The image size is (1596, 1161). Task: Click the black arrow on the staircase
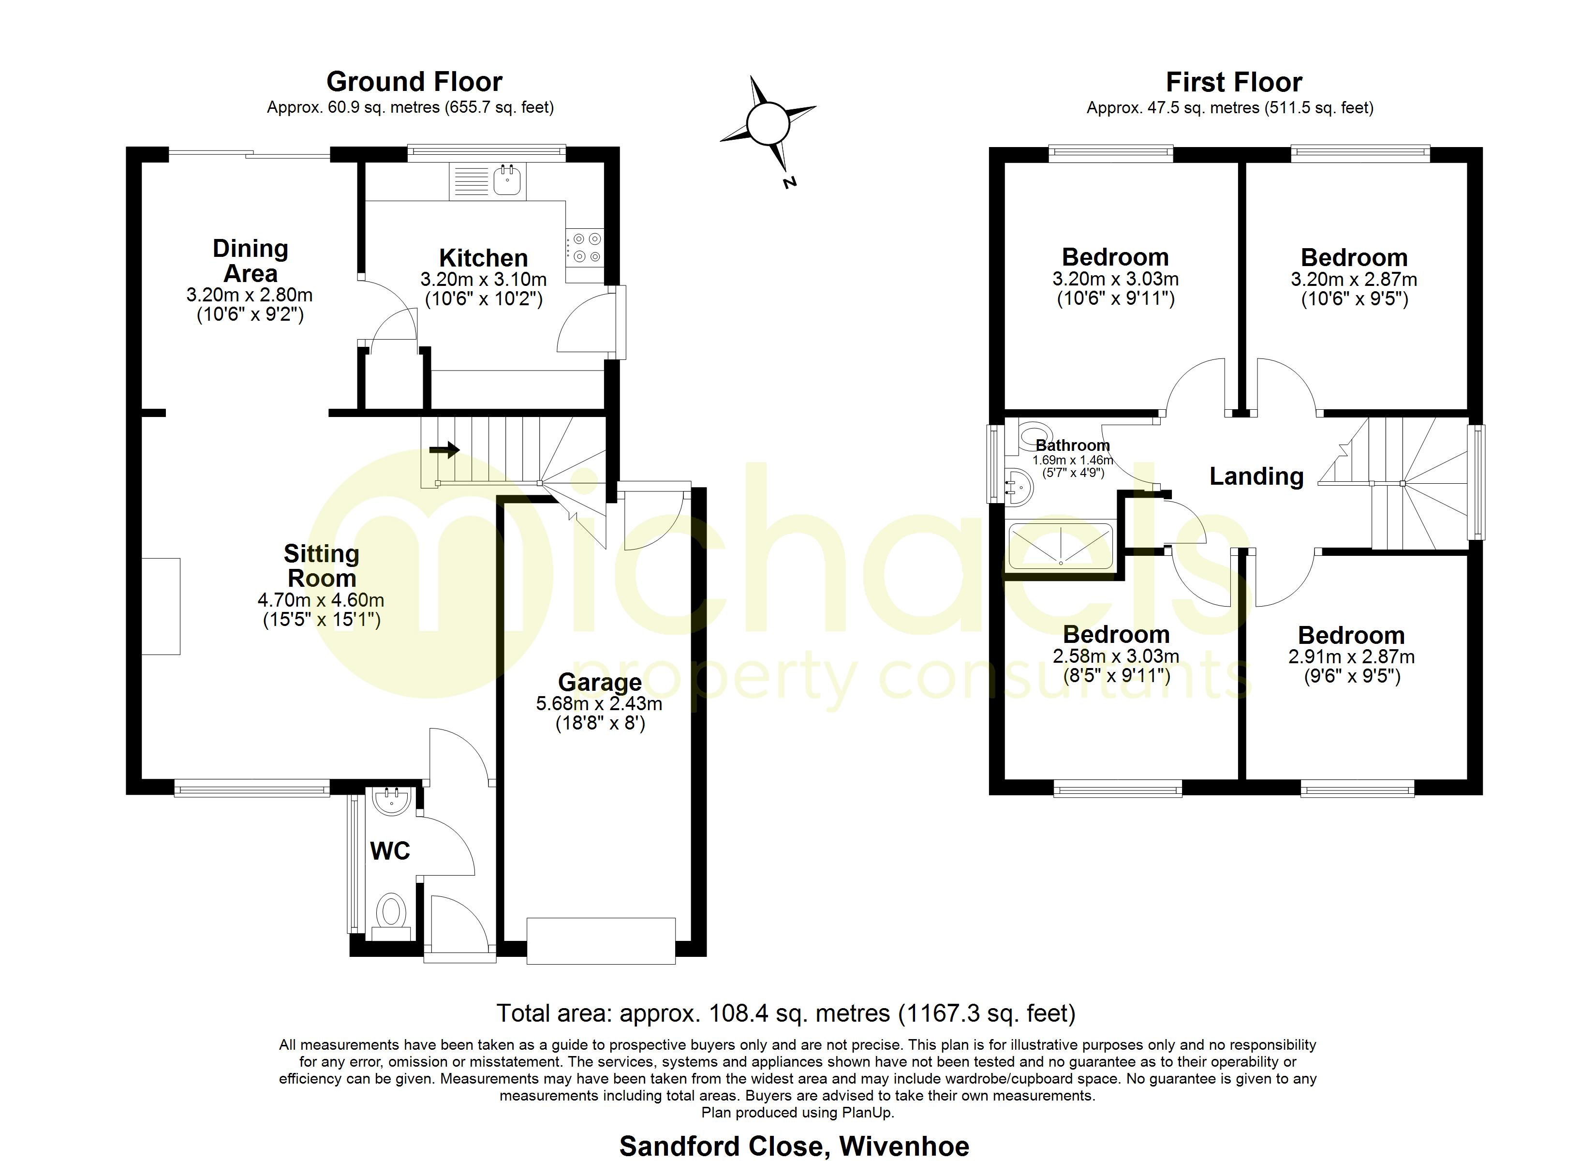pyautogui.click(x=445, y=449)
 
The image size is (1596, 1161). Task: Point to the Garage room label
pyautogui.click(x=600, y=682)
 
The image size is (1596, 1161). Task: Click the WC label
pyautogui.click(x=390, y=851)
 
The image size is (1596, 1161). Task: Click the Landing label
pyautogui.click(x=1256, y=476)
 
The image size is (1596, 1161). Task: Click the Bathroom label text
pyautogui.click(x=1072, y=446)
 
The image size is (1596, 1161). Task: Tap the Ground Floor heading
pyautogui.click(x=414, y=82)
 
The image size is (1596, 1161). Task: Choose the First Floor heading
pyautogui.click(x=1234, y=82)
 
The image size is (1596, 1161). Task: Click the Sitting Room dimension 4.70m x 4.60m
pyautogui.click(x=321, y=600)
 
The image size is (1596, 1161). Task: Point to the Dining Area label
pyautogui.click(x=251, y=261)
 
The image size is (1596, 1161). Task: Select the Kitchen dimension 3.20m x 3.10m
pyautogui.click(x=484, y=280)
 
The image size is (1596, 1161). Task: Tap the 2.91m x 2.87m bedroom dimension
pyautogui.click(x=1351, y=657)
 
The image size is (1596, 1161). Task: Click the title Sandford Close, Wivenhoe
pyautogui.click(x=794, y=1146)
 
